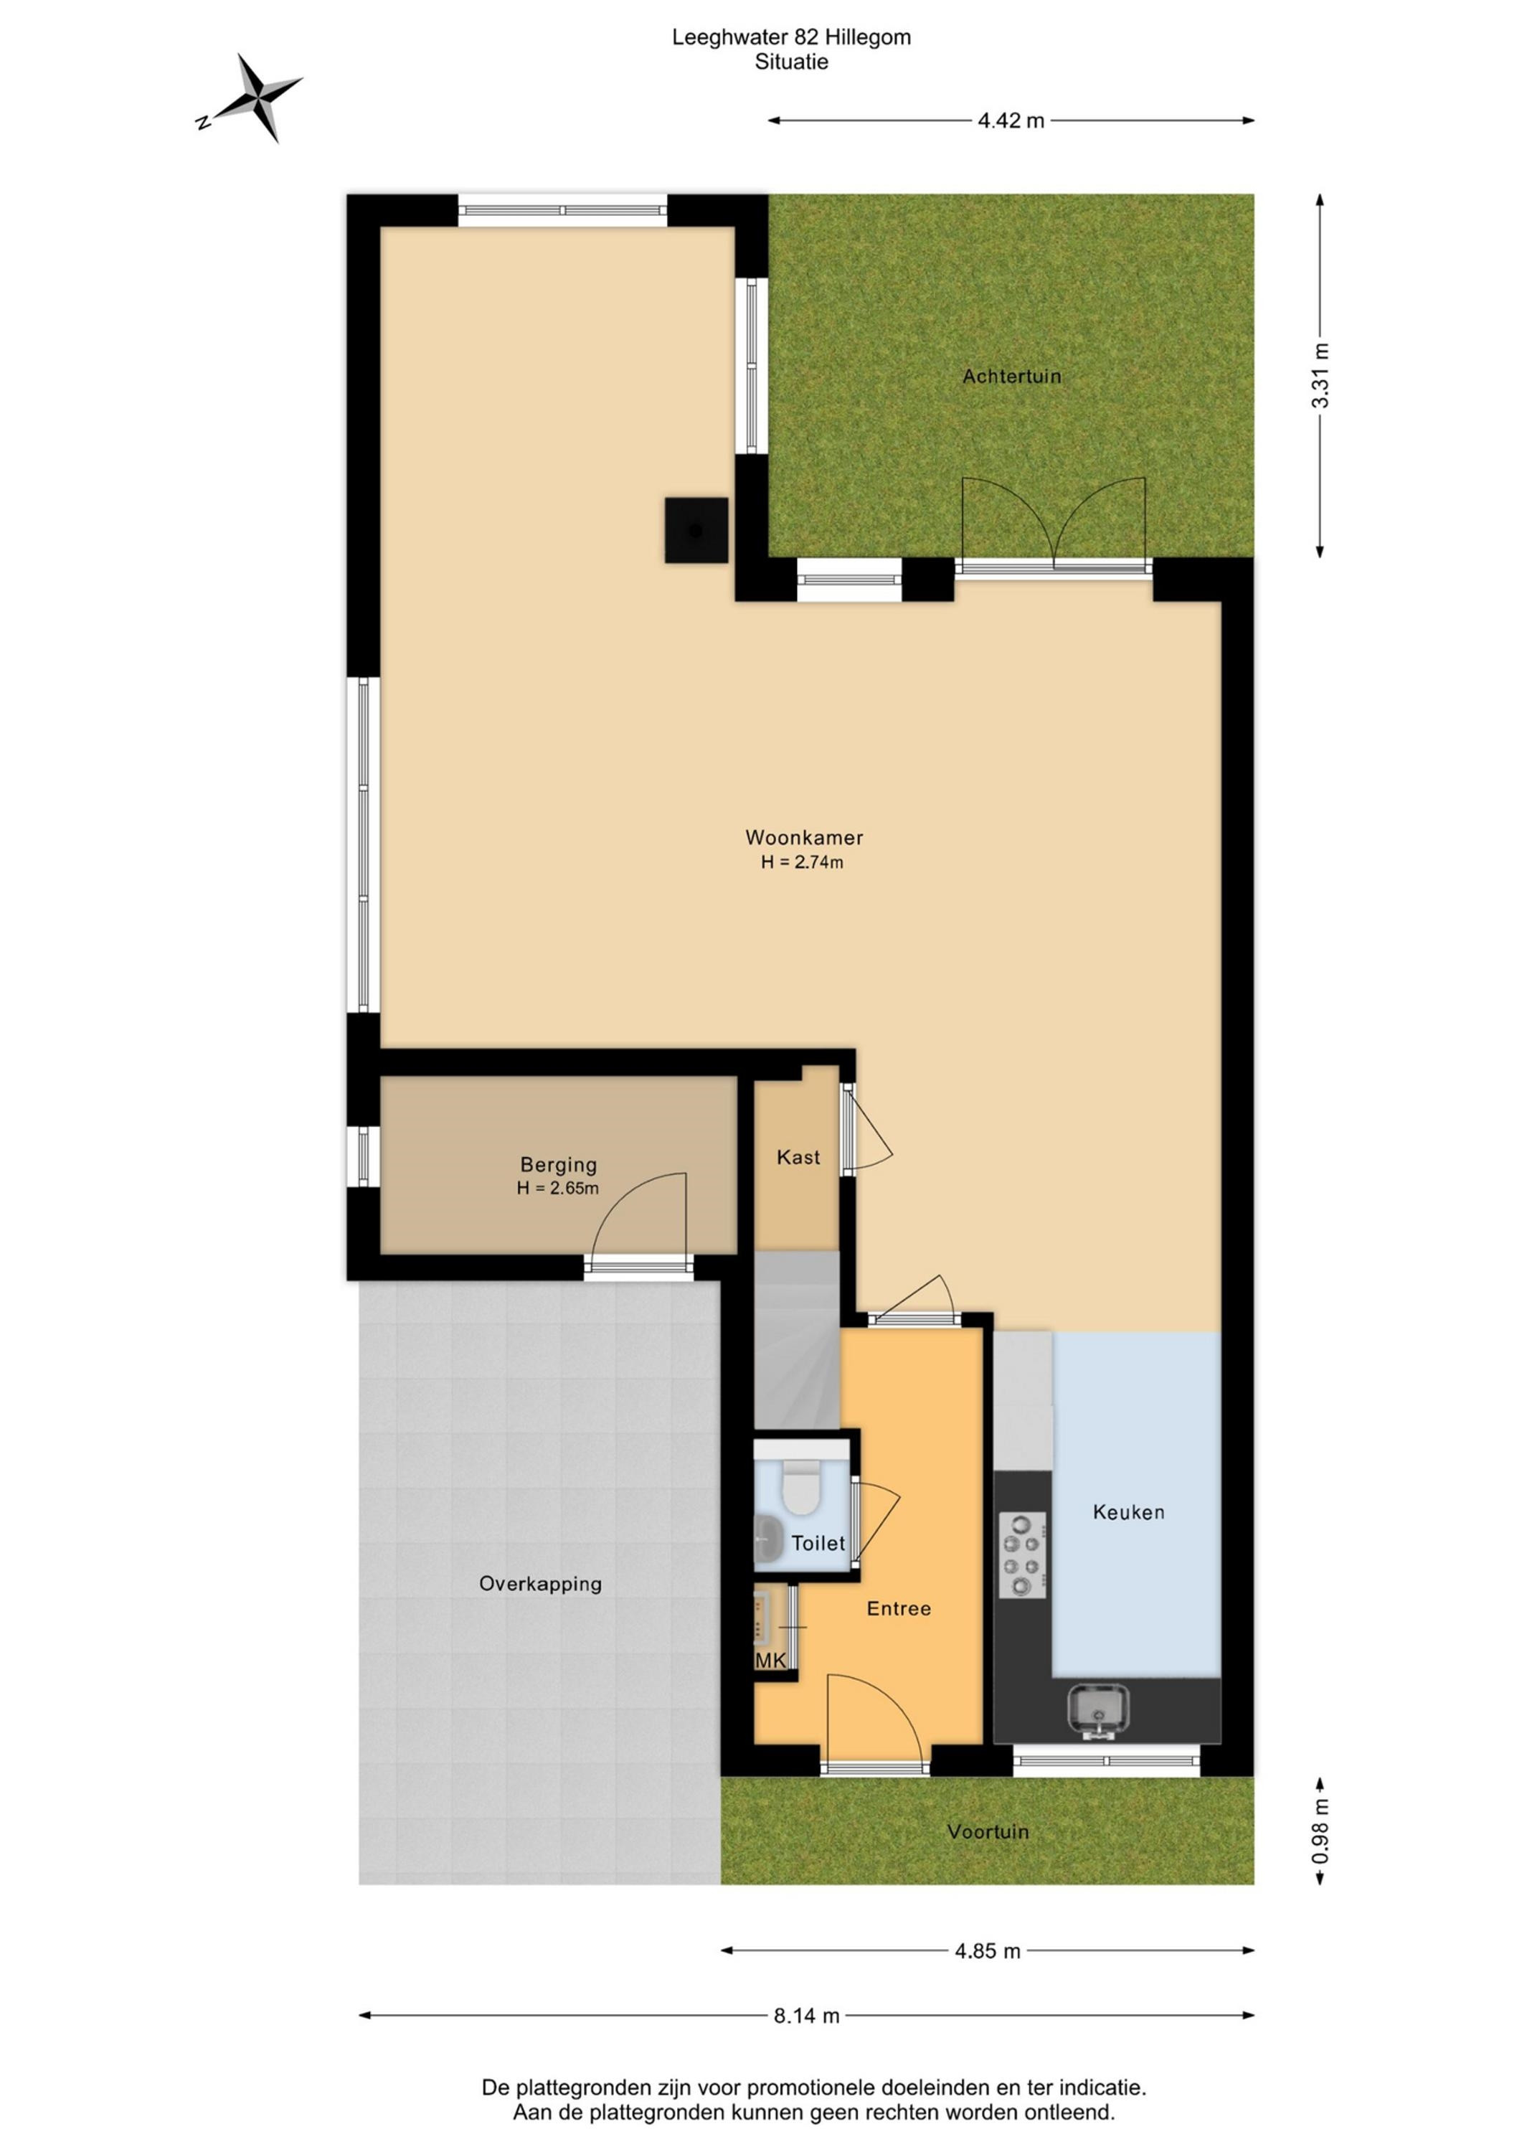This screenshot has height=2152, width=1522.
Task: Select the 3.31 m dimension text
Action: pos(1320,376)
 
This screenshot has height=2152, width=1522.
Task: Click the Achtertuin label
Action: pos(1012,377)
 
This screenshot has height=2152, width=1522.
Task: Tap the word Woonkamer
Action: pos(804,837)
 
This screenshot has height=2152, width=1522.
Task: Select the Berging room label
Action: pos(559,1165)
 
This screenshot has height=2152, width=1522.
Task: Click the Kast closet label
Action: pos(798,1158)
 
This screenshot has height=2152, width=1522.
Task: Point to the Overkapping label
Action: pos(541,1584)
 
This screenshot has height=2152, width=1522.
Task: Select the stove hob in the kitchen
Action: pos(1024,1555)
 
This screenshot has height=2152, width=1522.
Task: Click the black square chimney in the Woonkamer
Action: pos(696,531)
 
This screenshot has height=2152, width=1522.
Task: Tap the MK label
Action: pos(771,1661)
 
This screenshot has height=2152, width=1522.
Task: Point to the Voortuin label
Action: pos(988,1831)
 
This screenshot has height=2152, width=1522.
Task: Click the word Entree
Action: pos(899,1609)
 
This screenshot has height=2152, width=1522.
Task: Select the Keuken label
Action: pos(1128,1512)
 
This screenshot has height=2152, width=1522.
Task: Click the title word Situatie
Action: pos(792,63)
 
